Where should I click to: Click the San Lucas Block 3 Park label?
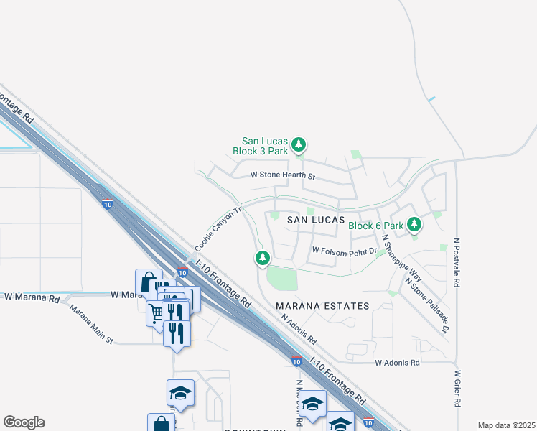click(265, 147)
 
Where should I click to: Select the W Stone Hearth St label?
click(283, 175)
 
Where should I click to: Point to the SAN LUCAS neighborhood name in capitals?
click(317, 219)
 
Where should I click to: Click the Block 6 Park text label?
click(375, 226)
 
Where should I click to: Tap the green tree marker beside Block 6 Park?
click(414, 224)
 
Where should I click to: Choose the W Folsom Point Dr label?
click(344, 252)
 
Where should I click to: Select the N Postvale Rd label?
click(456, 263)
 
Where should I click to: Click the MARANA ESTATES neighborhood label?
click(323, 306)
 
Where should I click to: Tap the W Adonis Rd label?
click(397, 363)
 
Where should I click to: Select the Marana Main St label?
click(91, 324)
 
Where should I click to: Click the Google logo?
click(24, 422)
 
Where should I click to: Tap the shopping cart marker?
click(156, 312)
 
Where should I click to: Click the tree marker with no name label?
click(263, 257)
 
